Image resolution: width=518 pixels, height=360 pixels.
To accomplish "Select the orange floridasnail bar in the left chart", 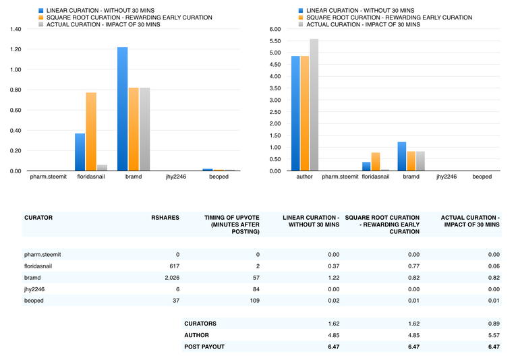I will pos(90,132).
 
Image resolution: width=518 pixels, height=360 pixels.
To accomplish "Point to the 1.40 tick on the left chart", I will pos(14,30).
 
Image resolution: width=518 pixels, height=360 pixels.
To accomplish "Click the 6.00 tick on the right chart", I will pos(275,30).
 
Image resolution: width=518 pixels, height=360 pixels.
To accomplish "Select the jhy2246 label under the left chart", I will pos(175,177).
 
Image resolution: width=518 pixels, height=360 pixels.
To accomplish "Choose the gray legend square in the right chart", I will pos(301,24).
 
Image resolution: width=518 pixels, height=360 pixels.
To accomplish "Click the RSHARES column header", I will pos(165,218).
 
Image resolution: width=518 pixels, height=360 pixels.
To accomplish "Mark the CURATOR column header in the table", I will pos(38,218).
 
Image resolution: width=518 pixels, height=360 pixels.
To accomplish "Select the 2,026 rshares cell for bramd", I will pos(170,277).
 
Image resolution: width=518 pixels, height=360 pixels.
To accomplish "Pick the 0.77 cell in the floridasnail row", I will pos(414,266).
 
